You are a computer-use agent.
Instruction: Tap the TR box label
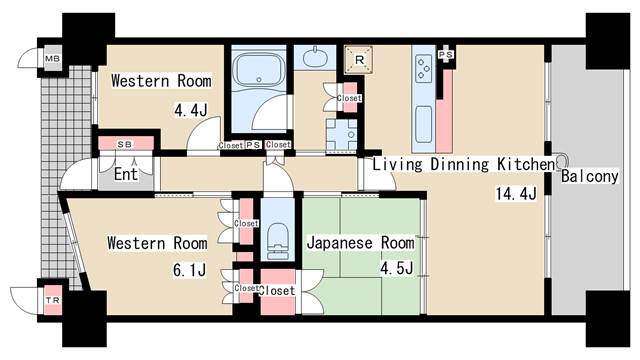49,300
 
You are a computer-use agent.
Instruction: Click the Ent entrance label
125,175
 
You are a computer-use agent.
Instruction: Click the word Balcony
588,176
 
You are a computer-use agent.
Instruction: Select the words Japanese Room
360,242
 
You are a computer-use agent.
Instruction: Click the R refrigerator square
356,60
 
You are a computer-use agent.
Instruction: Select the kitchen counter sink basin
422,124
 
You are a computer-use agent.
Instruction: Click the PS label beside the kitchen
446,54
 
